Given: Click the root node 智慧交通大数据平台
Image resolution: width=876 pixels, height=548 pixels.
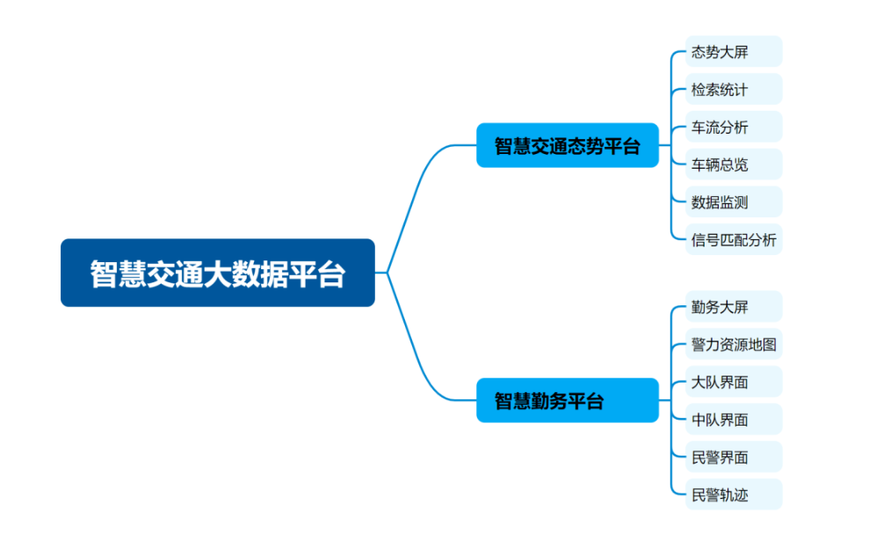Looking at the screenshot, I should coord(217,273).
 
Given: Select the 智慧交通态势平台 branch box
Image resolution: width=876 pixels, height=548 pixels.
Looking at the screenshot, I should coord(567,145).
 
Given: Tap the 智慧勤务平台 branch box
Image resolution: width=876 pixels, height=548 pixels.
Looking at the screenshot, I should coord(567,400).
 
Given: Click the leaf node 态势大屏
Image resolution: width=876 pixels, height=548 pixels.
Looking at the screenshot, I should coord(733,52).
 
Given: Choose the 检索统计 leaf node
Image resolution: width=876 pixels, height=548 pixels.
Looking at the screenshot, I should coord(733,90).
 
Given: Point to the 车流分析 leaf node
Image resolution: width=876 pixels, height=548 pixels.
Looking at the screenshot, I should coord(733,127).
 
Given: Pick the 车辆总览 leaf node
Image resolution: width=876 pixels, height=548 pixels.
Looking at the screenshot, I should coord(733,164).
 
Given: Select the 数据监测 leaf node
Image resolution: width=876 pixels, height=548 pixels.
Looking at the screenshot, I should coord(733,201).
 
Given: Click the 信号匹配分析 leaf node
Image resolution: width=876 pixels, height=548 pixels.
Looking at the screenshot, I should coord(734,239).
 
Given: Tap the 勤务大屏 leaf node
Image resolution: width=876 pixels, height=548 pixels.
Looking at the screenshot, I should coord(733,307).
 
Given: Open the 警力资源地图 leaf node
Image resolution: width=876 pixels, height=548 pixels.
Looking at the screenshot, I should coord(734,344).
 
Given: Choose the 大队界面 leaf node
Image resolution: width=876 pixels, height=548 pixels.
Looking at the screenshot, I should coord(733,382).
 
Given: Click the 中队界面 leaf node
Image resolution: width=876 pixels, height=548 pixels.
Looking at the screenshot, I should coord(733,420).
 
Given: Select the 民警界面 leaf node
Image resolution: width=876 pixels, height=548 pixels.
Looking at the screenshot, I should coord(733,457).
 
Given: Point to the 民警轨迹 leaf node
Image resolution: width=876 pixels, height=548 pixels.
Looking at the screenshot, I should coord(733,494).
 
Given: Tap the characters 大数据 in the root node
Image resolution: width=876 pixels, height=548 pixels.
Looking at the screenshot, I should coord(245,274).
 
